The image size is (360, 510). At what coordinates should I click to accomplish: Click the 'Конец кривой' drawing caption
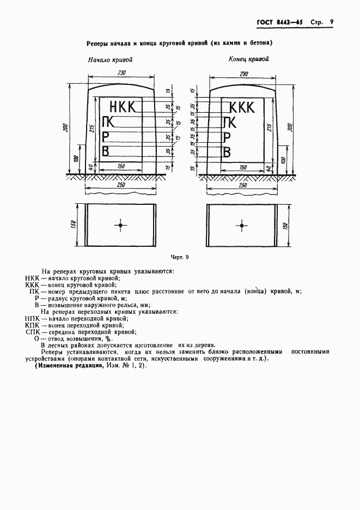[248, 59]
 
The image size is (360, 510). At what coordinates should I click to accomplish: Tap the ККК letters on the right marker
[242, 107]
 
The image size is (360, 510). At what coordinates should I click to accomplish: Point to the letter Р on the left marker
[107, 136]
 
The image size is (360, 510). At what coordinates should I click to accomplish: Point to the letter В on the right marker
[229, 151]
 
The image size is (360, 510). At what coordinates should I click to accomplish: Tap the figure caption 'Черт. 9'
[180, 257]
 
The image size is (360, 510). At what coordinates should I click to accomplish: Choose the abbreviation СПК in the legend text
[34, 331]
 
